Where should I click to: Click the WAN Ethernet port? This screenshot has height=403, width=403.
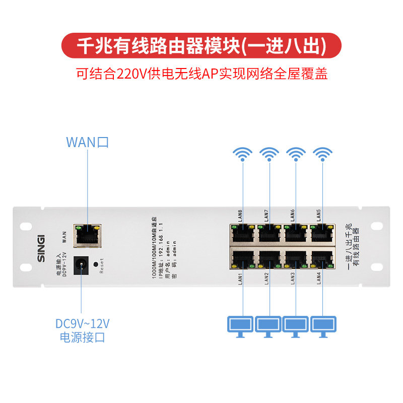click(x=87, y=235)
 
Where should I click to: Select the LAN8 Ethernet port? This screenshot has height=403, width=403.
click(x=243, y=233)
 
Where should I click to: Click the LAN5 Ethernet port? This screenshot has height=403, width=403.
click(x=321, y=233)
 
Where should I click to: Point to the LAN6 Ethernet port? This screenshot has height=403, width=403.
click(x=295, y=233)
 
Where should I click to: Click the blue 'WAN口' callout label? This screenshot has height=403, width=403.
click(x=87, y=142)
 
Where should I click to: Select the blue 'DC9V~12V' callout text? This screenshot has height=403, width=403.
click(x=82, y=323)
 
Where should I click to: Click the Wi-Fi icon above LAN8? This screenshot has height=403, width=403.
click(x=243, y=153)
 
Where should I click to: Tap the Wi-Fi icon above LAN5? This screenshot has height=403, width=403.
click(x=321, y=153)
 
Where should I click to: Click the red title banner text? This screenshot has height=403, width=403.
click(x=201, y=45)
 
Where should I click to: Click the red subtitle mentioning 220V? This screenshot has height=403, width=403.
click(x=201, y=75)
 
